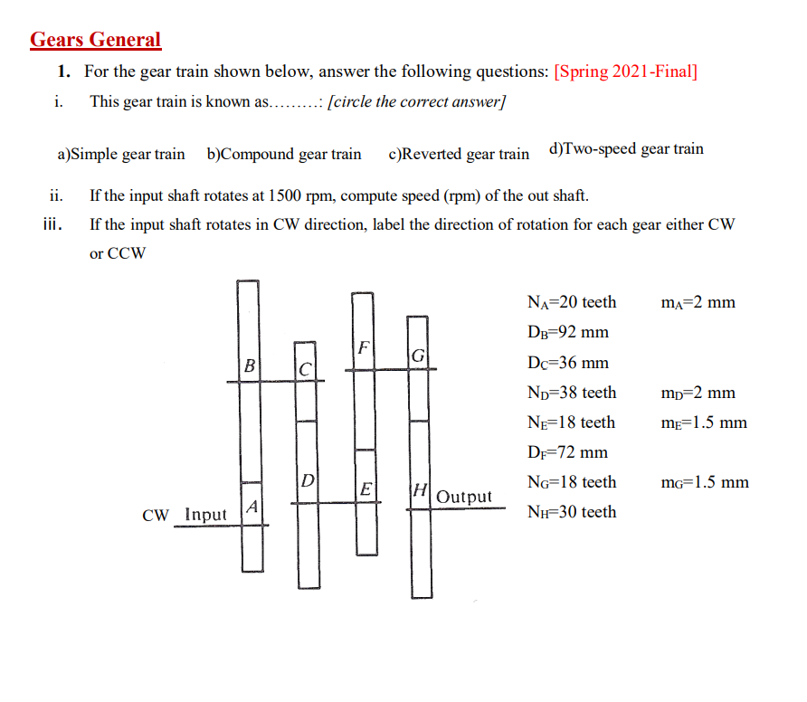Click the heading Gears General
tap(95, 40)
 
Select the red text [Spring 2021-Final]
tap(625, 71)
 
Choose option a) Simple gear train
tap(121, 154)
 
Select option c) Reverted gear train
tap(459, 154)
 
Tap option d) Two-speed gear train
tap(626, 149)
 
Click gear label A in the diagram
tap(253, 508)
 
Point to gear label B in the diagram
tap(249, 365)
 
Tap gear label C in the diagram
tap(306, 369)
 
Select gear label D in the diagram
tap(308, 479)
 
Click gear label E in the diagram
tap(366, 489)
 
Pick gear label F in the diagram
tap(363, 347)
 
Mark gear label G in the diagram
tap(418, 356)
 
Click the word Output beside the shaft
tap(464, 497)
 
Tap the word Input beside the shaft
tap(205, 515)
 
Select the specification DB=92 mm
tap(567, 332)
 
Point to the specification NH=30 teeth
tap(571, 512)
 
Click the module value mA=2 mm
tap(698, 302)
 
